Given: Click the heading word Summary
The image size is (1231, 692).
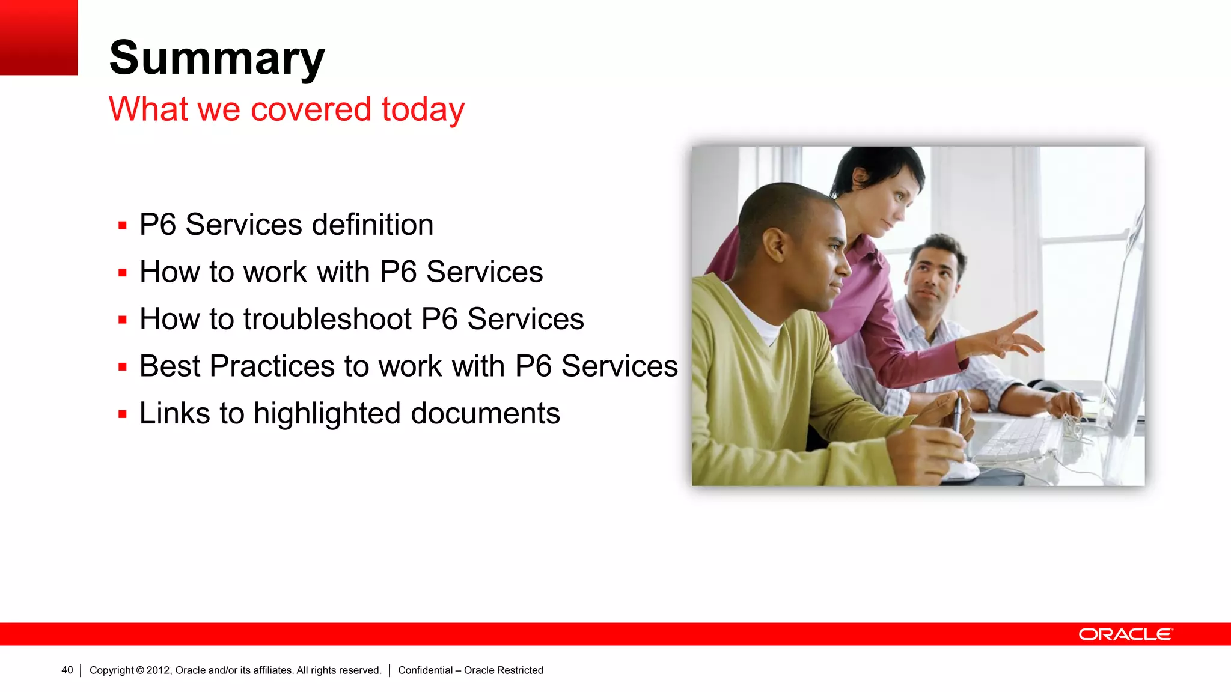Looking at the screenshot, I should (x=216, y=58).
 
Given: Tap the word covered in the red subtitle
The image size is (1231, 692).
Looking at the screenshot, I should (x=311, y=109).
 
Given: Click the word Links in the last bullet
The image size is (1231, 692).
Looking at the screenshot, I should (x=175, y=413).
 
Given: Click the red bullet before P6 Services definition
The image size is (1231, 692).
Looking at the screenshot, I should (x=123, y=226).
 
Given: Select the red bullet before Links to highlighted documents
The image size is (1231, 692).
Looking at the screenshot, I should (x=123, y=414).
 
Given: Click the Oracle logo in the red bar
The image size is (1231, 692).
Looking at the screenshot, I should (x=1125, y=634).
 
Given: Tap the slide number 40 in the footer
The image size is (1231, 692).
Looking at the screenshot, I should (x=67, y=670).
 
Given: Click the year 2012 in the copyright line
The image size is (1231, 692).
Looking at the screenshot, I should (x=159, y=670).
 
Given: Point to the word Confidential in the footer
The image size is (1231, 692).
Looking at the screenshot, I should (x=425, y=670).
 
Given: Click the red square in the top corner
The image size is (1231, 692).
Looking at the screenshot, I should (x=38, y=37).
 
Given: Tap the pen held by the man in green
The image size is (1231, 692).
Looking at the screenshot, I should (x=957, y=414).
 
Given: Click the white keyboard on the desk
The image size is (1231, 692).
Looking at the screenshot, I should (x=1016, y=442).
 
